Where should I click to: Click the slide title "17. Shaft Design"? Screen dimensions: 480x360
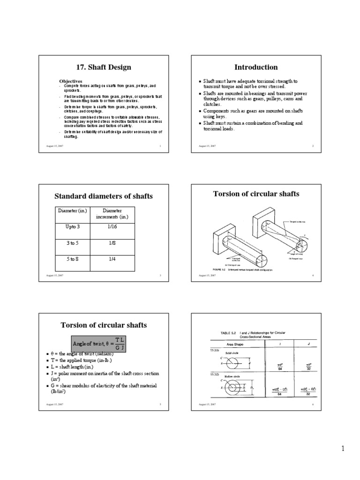pyautogui.click(x=104, y=67)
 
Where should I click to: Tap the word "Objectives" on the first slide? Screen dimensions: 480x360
pyautogui.click(x=71, y=81)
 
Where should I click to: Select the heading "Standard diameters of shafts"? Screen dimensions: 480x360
pyautogui.click(x=104, y=196)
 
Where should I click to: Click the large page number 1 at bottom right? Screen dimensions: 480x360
pyautogui.click(x=343, y=449)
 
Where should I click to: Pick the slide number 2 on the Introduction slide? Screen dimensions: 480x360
pyautogui.click(x=313, y=146)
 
